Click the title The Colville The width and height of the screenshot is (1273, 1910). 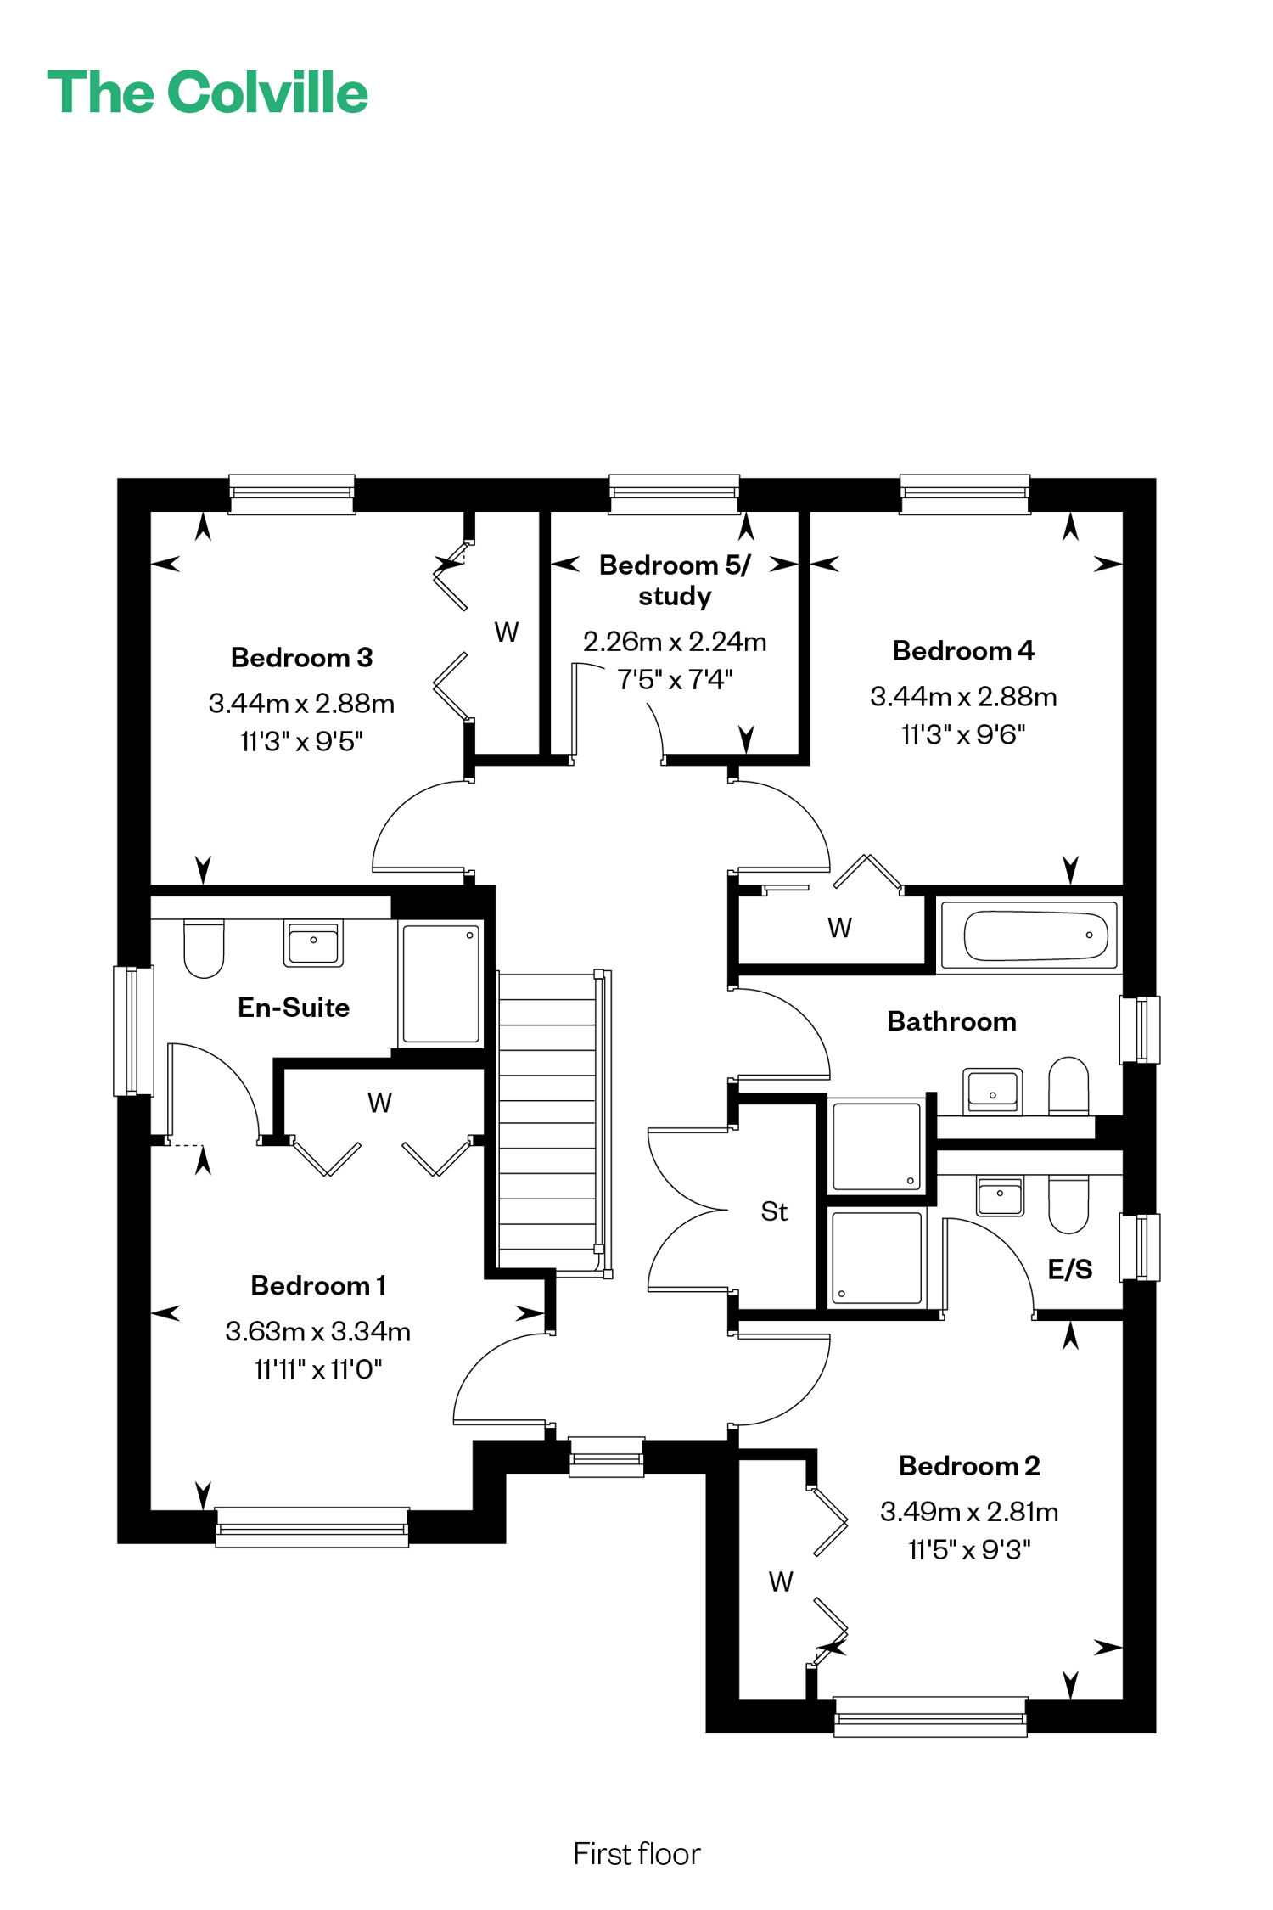pyautogui.click(x=208, y=93)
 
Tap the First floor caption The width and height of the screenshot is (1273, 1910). pyautogui.click(x=636, y=1854)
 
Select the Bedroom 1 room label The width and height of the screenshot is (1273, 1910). pyautogui.click(x=318, y=1285)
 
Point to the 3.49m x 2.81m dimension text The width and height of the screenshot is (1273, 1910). pyautogui.click(x=969, y=1511)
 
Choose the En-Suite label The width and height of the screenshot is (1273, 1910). pyautogui.click(x=294, y=1008)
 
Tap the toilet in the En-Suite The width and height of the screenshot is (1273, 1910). pyautogui.click(x=204, y=948)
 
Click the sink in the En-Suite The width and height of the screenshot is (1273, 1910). pyautogui.click(x=313, y=943)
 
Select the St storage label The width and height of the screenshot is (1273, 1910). pyautogui.click(x=774, y=1211)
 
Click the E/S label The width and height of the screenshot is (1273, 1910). pyautogui.click(x=1070, y=1269)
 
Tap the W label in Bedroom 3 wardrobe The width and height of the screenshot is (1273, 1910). pyautogui.click(x=507, y=632)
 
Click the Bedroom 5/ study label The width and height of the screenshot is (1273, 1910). pyautogui.click(x=675, y=580)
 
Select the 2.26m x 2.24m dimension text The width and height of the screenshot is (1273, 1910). pyautogui.click(x=675, y=641)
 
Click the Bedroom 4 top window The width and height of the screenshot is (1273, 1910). pyautogui.click(x=965, y=494)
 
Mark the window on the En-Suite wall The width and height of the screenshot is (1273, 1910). pyautogui.click(x=134, y=1031)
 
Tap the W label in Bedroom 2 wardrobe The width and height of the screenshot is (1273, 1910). pyautogui.click(x=781, y=1581)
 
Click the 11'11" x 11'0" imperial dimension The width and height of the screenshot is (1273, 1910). pyautogui.click(x=318, y=1369)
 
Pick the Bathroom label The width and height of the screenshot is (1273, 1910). pyautogui.click(x=951, y=1021)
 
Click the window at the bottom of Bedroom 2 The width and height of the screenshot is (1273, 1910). pyautogui.click(x=930, y=1716)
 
